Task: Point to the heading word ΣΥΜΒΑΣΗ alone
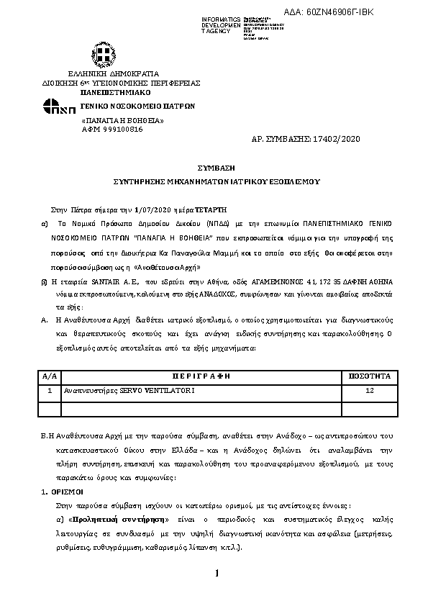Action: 214,167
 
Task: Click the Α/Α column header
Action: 49,376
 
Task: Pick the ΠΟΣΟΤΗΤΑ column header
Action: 369,376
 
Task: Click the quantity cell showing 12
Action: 369,390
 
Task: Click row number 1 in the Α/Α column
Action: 49,390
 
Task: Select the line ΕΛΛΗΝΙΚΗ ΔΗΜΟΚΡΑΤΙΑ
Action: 114,74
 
